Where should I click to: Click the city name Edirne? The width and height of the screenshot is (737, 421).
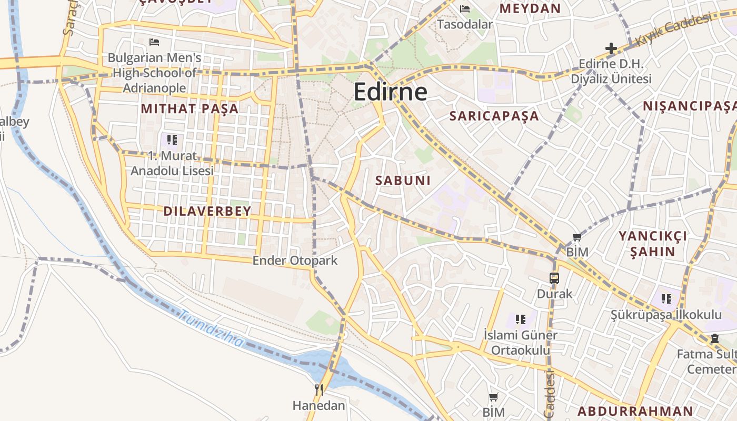coord(390,92)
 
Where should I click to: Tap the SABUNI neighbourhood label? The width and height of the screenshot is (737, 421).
coord(403,181)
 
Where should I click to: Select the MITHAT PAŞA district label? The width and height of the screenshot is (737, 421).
coord(190,109)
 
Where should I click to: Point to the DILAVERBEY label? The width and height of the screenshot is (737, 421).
coord(207,212)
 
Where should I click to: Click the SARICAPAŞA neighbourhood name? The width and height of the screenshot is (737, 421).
coord(494,116)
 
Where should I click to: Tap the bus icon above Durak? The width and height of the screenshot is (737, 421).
coord(554,278)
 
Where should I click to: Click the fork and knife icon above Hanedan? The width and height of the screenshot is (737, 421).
coord(318,389)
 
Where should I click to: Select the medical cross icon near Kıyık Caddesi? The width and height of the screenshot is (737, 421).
coord(611,49)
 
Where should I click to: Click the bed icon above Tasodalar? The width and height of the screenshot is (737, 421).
coord(465,8)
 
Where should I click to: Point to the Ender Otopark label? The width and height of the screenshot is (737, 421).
coord(295,260)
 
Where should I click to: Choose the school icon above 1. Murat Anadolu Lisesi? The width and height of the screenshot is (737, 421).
coord(172,140)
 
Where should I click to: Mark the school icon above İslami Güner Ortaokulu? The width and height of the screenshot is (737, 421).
coord(521,319)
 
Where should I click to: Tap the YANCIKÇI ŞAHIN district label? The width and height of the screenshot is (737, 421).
coord(652,244)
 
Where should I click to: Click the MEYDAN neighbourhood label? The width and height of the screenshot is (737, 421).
coord(530,8)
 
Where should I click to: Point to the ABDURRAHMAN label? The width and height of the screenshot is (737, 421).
coord(635,411)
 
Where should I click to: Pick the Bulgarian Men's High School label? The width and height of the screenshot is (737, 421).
coord(154,73)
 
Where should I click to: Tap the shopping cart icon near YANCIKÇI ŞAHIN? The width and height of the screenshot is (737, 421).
coord(577,237)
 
